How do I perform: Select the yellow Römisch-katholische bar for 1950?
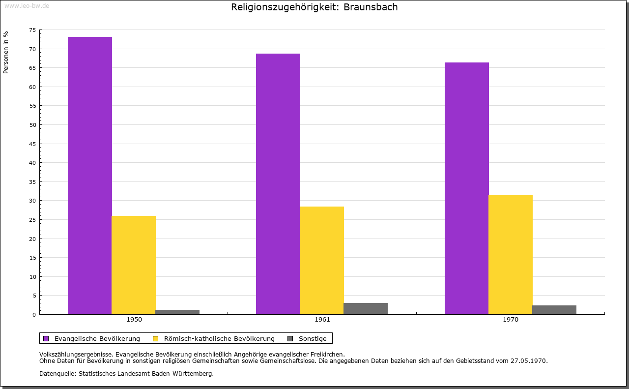tap(134, 265)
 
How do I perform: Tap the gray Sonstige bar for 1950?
tap(177, 312)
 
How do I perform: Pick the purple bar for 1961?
tap(278, 184)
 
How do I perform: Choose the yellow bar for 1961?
tap(322, 260)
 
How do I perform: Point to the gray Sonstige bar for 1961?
tap(366, 308)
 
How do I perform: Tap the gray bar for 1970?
tap(554, 310)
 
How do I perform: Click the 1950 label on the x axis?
tap(134, 320)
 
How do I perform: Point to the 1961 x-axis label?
tap(322, 320)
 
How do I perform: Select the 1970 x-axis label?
tap(511, 320)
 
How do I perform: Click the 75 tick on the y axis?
tap(32, 30)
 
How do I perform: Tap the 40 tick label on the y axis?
tap(32, 163)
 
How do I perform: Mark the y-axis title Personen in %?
tap(6, 52)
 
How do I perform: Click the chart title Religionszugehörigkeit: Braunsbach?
tap(314, 7)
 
